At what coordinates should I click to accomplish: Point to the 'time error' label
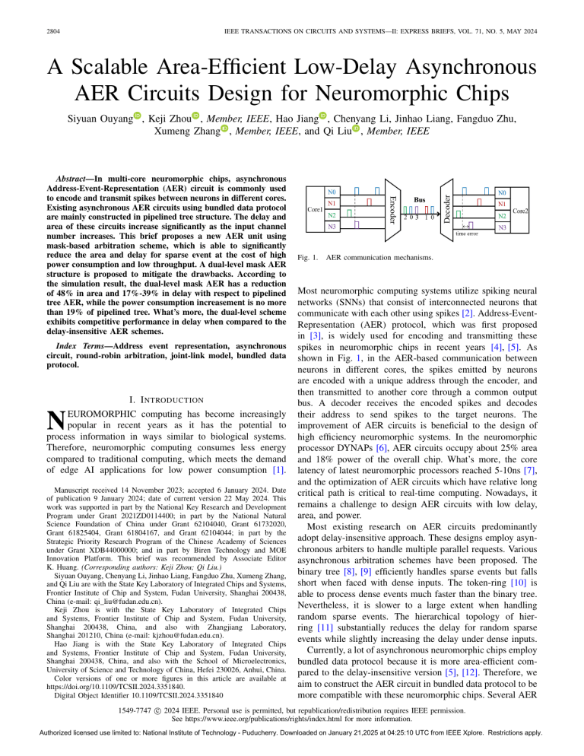(467, 235)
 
